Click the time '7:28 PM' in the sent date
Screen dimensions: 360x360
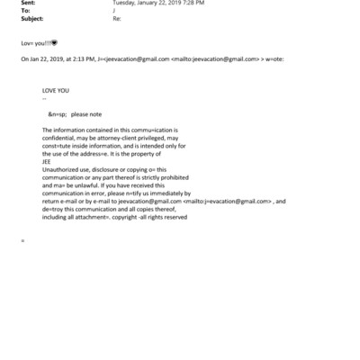pos(189,4)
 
